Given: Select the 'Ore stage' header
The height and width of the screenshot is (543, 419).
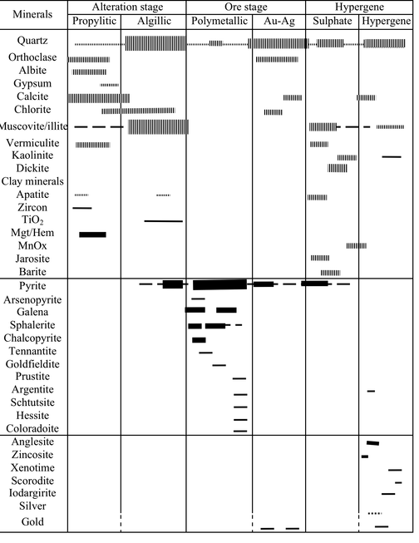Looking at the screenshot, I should (245, 7).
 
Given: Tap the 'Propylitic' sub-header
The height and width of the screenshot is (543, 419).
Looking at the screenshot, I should (94, 20).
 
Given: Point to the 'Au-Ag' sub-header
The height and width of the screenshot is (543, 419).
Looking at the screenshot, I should (279, 20).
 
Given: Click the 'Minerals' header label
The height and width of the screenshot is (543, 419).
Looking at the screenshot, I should (32, 14).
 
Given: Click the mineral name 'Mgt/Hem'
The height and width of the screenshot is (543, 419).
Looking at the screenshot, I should (32, 234).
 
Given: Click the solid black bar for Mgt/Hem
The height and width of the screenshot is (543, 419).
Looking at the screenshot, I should (92, 234).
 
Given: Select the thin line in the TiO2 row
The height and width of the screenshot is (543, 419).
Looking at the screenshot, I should (163, 221).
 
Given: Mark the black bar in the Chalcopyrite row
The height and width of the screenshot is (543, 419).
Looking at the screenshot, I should (199, 339).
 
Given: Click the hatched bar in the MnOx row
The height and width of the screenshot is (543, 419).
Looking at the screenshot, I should (356, 245).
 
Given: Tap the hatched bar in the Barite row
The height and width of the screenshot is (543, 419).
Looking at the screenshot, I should (330, 272).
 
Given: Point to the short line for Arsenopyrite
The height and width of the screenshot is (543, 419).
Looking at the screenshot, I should (198, 299).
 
